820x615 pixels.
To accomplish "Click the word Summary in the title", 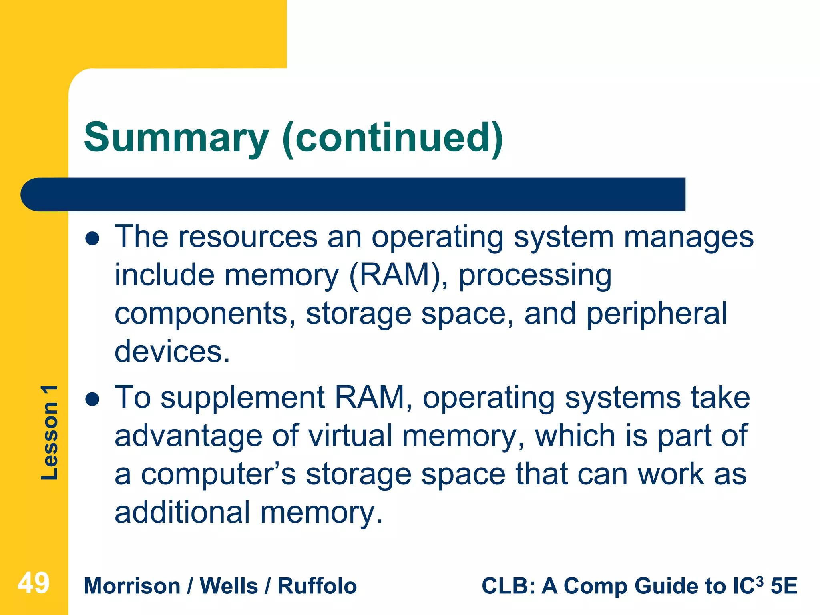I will pyautogui.click(x=176, y=138).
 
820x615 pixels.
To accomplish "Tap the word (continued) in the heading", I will pyautogui.click(x=392, y=138).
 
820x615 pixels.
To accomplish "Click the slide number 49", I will pyautogui.click(x=34, y=583).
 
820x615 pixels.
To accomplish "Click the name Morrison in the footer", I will pyautogui.click(x=132, y=586).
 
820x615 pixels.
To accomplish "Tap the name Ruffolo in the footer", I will pyautogui.click(x=317, y=586).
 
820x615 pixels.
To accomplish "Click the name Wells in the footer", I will pyautogui.click(x=229, y=586).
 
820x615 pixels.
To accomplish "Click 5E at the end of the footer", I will pyautogui.click(x=784, y=586).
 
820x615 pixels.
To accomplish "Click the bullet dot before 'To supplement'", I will pyautogui.click(x=92, y=399).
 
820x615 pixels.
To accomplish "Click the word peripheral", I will pyautogui.click(x=657, y=314).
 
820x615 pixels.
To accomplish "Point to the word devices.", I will pyautogui.click(x=172, y=352).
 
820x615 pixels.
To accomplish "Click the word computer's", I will pyautogui.click(x=218, y=474).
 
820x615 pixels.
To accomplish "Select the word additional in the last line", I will pyautogui.click(x=182, y=512).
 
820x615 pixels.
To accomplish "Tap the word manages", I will pyautogui.click(x=689, y=237).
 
